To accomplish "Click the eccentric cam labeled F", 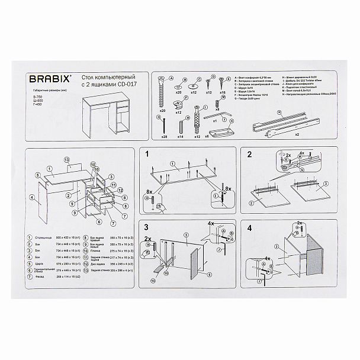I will click(x=177, y=104).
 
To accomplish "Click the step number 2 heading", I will click(x=249, y=155).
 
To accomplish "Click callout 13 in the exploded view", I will click(x=67, y=160).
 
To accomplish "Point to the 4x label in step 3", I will click(x=211, y=224).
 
